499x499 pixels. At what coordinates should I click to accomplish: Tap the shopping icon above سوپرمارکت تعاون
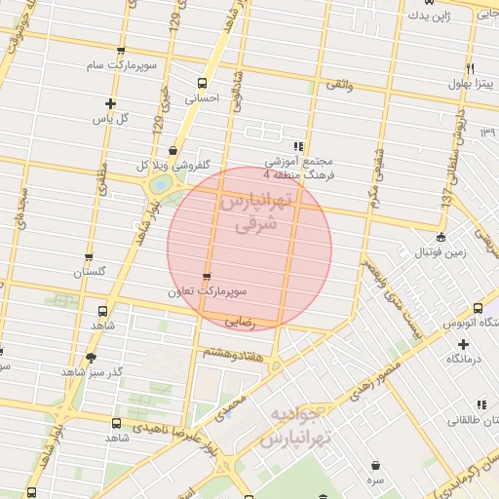(206, 277)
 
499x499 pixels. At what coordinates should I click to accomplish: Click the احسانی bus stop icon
(203, 83)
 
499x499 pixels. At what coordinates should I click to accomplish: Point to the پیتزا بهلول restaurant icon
(470, 69)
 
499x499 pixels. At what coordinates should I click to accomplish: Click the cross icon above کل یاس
(110, 103)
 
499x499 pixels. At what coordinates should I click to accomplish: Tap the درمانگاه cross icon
(463, 344)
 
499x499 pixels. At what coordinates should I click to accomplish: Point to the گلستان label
(89, 274)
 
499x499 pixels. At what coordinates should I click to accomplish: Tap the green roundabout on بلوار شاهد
(157, 183)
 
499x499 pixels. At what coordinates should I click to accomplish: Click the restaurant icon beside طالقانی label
(481, 404)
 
